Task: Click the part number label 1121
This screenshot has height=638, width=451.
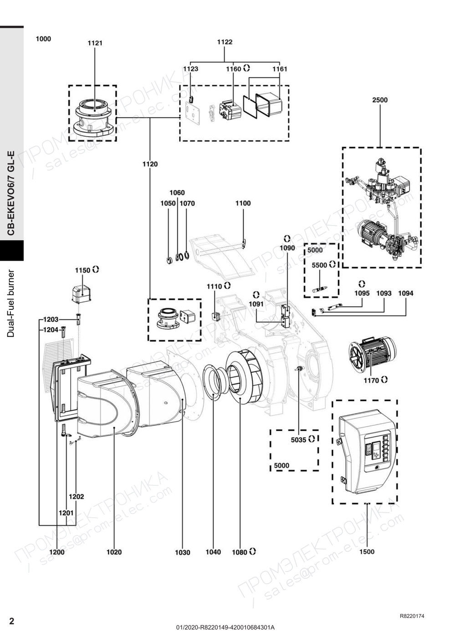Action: click(95, 43)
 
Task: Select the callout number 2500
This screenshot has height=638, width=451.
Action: click(380, 100)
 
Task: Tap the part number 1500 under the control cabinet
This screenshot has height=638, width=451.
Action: click(367, 552)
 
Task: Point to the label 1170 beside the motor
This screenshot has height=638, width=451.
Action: click(371, 381)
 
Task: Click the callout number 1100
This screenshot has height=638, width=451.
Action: click(243, 203)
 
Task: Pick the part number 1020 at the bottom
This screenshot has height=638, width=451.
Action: click(114, 552)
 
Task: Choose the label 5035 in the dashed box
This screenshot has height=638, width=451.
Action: click(298, 440)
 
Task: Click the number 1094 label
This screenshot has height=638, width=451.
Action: click(405, 293)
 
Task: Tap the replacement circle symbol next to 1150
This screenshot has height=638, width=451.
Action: click(96, 269)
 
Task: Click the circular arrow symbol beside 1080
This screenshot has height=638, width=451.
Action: click(252, 551)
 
